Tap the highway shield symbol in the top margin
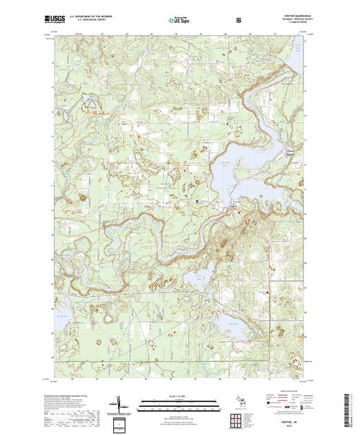(238, 19)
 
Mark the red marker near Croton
(240, 211)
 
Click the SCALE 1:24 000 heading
(180, 396)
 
